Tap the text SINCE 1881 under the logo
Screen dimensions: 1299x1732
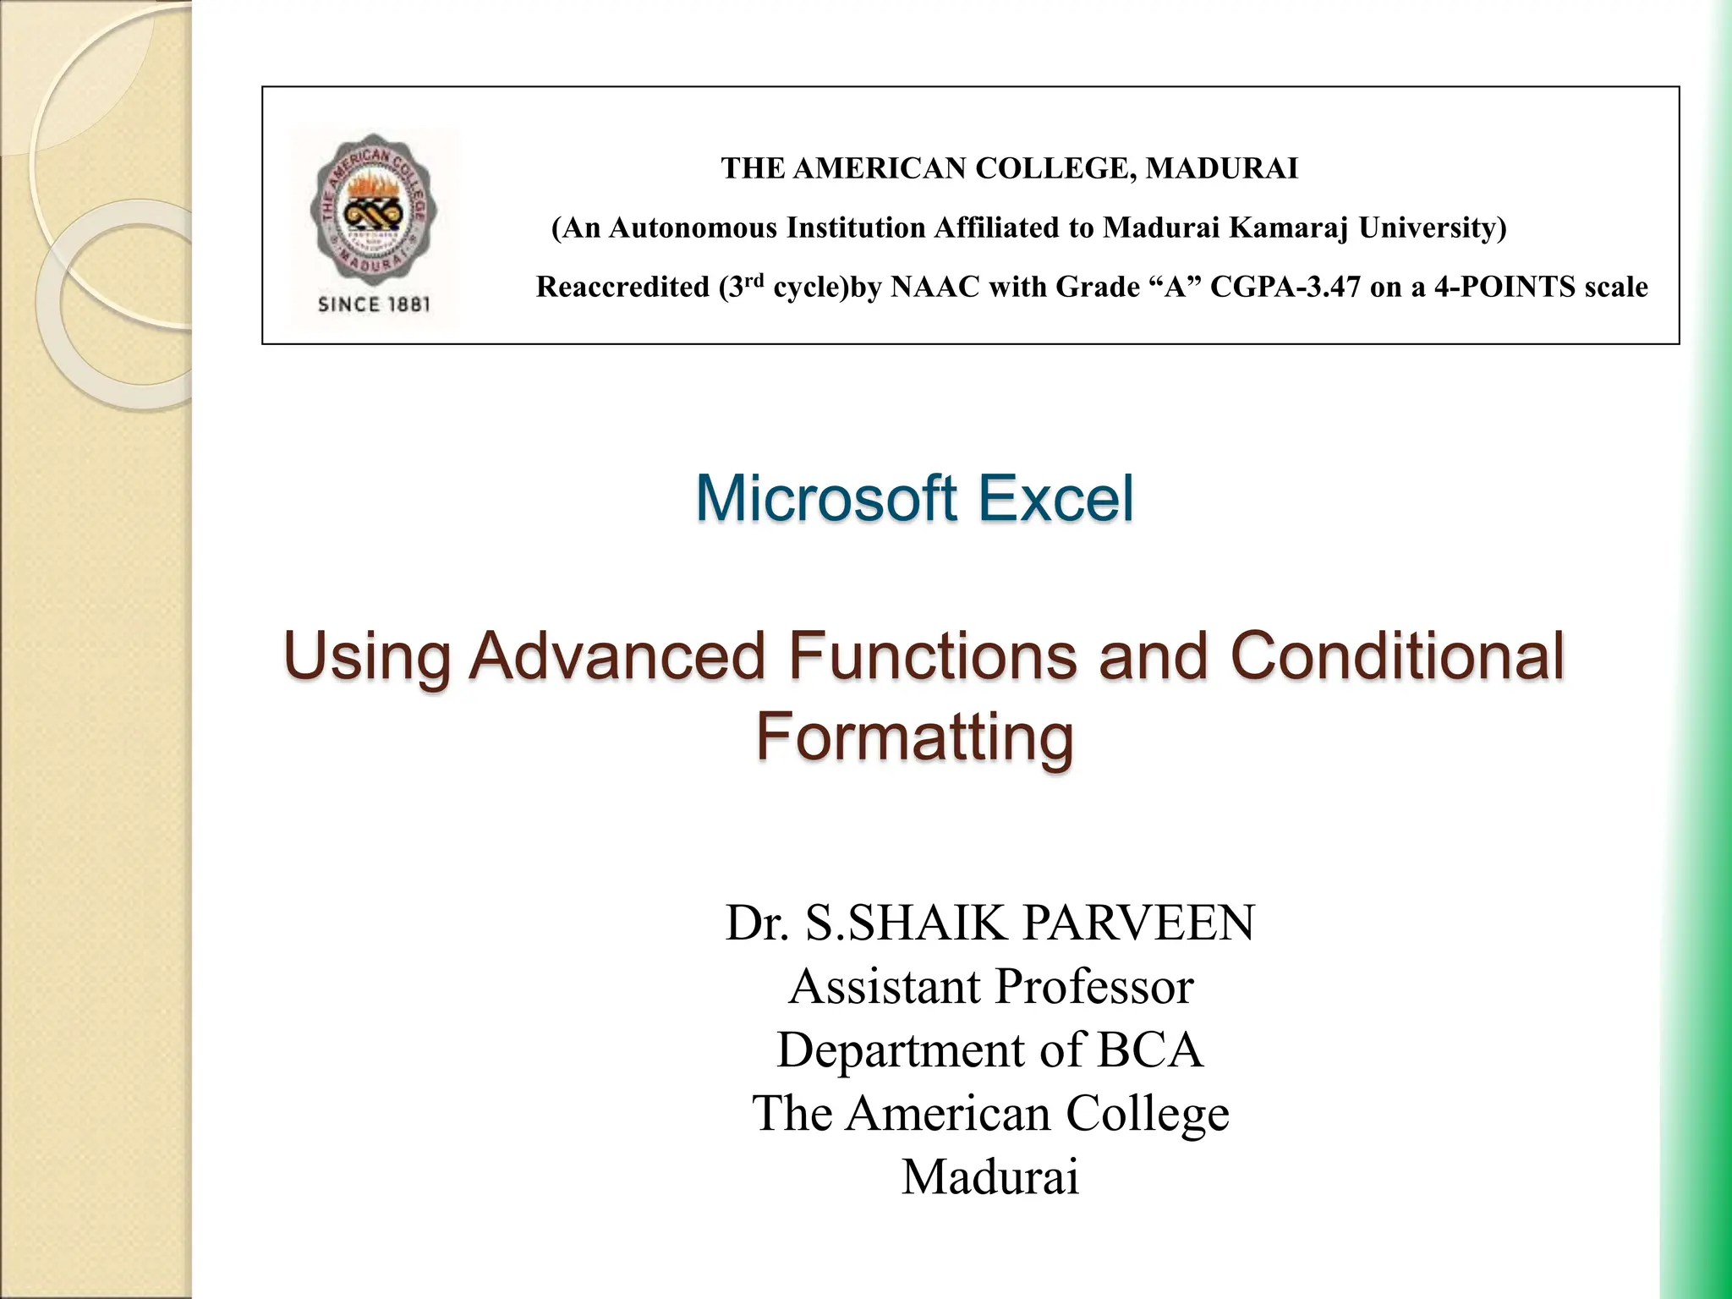tap(373, 304)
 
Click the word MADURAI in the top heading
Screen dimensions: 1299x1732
tap(1221, 169)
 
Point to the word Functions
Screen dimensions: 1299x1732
tap(933, 658)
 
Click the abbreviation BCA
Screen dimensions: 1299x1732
tap(1149, 1050)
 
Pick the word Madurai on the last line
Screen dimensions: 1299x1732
tap(990, 1176)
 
